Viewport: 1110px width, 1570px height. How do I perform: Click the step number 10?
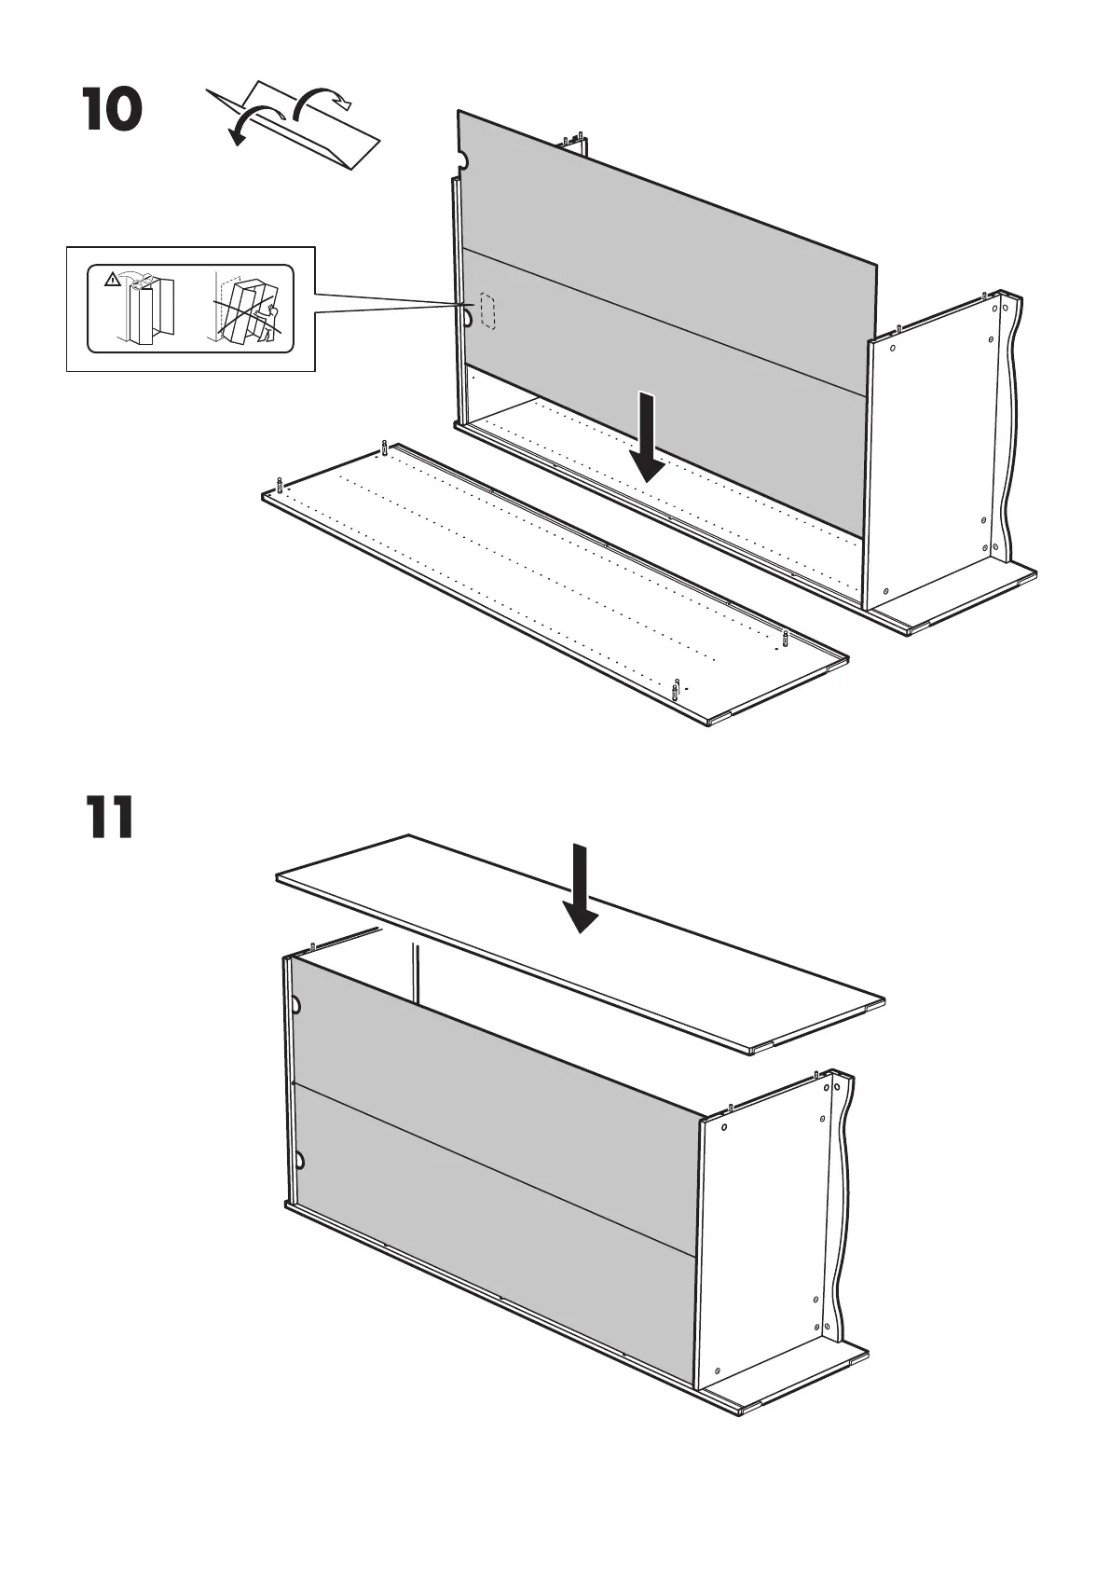point(113,109)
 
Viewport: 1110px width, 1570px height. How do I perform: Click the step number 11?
point(111,818)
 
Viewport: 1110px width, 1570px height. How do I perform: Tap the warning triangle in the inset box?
point(112,278)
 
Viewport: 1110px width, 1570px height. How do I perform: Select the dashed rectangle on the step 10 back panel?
point(487,310)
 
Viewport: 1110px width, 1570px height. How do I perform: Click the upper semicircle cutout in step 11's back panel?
point(296,1006)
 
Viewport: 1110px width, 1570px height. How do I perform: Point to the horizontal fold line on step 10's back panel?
point(666,317)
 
